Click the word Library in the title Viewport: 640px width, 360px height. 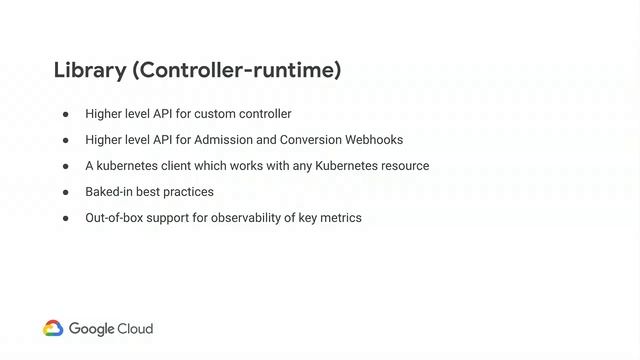(x=88, y=71)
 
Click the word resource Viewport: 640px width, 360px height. (x=404, y=166)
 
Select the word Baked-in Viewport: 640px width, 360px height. (x=108, y=192)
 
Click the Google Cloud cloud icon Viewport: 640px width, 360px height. (x=53, y=328)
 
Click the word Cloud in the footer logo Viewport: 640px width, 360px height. (x=135, y=328)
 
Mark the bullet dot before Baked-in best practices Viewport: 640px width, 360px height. (x=66, y=192)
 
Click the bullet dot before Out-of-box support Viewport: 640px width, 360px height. (x=66, y=218)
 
